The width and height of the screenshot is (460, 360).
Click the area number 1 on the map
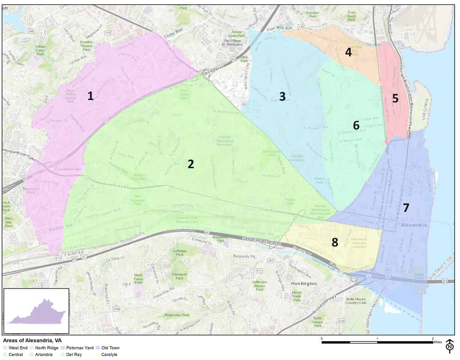click(x=90, y=96)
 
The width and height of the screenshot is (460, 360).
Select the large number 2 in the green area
click(x=191, y=164)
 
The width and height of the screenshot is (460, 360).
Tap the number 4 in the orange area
click(x=349, y=52)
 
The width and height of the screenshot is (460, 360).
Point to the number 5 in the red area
click(x=395, y=99)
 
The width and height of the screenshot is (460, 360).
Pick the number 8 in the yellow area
click(x=335, y=242)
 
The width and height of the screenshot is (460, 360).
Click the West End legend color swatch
click(x=5, y=348)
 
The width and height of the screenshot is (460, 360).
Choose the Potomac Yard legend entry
click(x=80, y=348)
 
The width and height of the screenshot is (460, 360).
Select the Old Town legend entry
click(x=110, y=348)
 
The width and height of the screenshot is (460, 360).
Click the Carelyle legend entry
click(x=109, y=355)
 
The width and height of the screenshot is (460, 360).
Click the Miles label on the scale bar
click(x=437, y=342)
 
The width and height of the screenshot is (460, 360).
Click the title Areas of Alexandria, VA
click(x=32, y=341)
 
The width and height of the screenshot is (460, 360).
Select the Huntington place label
click(x=304, y=283)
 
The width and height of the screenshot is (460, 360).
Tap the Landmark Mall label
click(x=69, y=169)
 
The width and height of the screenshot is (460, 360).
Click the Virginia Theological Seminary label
click(x=224, y=141)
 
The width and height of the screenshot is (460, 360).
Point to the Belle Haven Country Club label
click(x=356, y=301)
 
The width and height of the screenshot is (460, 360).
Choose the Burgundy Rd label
click(x=244, y=256)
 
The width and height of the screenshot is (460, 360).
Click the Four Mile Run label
click(x=279, y=28)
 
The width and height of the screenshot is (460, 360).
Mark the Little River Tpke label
click(x=20, y=155)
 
